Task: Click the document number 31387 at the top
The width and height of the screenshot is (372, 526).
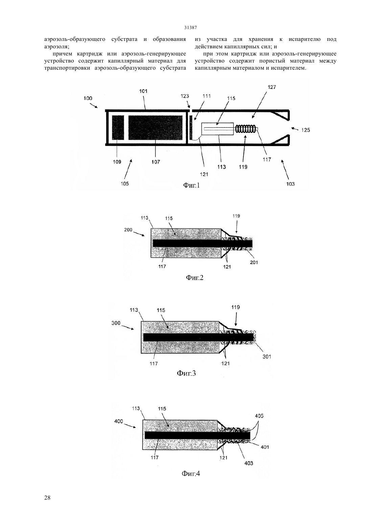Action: (x=190, y=27)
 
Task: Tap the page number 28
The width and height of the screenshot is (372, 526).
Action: (x=47, y=498)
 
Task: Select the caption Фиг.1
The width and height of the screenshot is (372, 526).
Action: (x=191, y=186)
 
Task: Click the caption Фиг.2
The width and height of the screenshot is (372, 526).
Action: (x=194, y=278)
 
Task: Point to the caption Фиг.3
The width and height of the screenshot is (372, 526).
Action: (x=186, y=373)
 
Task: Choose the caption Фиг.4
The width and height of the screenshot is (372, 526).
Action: (x=191, y=474)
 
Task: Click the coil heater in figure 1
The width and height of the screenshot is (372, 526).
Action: (x=246, y=129)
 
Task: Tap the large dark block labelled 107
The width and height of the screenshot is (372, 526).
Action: (x=155, y=127)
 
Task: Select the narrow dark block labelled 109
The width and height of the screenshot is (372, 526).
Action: (x=118, y=127)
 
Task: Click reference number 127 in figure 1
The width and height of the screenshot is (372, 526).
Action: (x=272, y=87)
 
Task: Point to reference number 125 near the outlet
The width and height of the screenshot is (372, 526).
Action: (x=305, y=130)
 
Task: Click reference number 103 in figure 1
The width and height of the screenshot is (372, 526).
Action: (x=290, y=184)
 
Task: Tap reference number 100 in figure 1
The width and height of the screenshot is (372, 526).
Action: (x=88, y=98)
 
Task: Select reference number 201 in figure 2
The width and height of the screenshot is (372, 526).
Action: (x=254, y=262)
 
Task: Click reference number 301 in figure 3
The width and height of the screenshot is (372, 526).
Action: (x=267, y=357)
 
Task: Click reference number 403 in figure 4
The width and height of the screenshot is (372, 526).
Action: (x=249, y=463)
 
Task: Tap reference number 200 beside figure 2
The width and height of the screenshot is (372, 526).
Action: (x=128, y=230)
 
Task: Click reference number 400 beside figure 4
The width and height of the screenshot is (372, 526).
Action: (x=119, y=422)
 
